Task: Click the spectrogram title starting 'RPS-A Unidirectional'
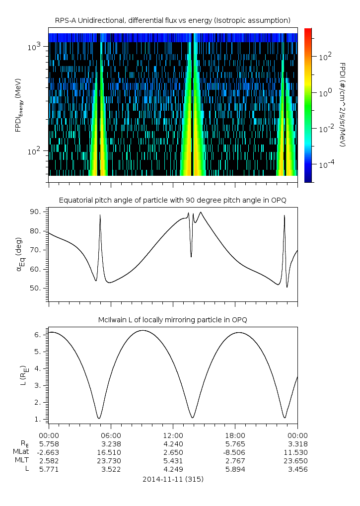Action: click(173, 20)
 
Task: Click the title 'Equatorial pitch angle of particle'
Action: click(173, 200)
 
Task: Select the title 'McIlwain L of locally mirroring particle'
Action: click(173, 319)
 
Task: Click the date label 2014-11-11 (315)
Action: click(173, 479)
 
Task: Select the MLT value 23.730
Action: click(111, 461)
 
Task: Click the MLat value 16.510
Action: click(111, 452)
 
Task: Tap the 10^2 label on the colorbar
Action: click(324, 57)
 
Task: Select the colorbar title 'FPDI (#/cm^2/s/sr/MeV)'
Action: click(342, 104)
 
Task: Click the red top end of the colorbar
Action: click(308, 31)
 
